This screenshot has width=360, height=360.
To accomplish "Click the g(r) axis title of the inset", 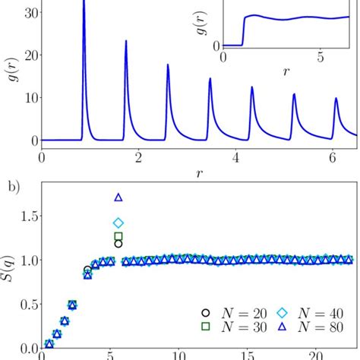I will point(207,32).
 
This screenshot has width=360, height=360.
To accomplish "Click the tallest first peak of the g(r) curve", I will point(84,4).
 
